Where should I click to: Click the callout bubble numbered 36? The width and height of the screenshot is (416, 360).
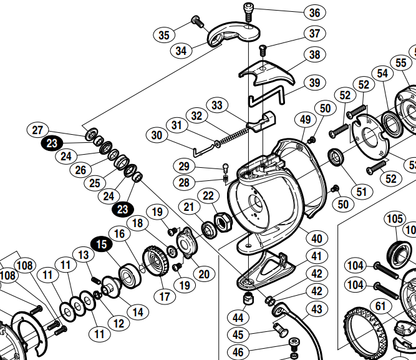(314, 12)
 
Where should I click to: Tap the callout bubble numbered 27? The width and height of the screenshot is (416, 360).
(38, 130)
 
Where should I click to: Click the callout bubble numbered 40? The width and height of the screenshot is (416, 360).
(317, 238)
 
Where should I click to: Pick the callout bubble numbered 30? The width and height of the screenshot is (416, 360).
(157, 135)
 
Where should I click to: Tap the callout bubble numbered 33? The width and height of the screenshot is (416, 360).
(217, 105)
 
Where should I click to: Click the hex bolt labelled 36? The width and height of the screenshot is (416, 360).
(248, 11)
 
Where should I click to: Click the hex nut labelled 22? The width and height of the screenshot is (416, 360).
(221, 221)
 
